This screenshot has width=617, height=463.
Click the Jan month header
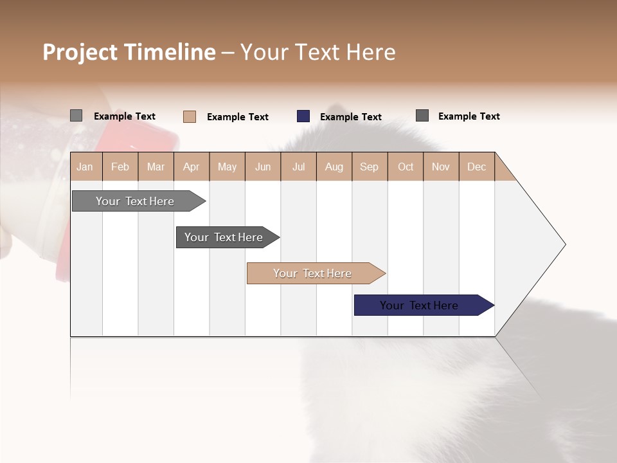[85, 167]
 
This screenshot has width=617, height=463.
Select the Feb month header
[120, 167]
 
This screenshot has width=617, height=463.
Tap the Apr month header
[191, 167]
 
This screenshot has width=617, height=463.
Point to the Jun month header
[263, 167]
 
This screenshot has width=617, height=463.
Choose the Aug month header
[334, 167]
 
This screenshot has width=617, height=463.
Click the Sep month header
[369, 167]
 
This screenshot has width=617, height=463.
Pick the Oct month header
[406, 167]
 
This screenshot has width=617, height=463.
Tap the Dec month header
[476, 167]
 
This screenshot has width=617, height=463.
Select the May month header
[227, 167]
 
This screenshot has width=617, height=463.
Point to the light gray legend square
[76, 116]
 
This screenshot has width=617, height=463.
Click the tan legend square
[190, 116]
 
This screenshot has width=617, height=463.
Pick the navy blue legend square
[303, 116]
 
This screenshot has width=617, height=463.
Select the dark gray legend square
[422, 116]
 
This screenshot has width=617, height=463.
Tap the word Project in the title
[80, 52]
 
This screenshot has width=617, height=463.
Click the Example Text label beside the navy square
[350, 117]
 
